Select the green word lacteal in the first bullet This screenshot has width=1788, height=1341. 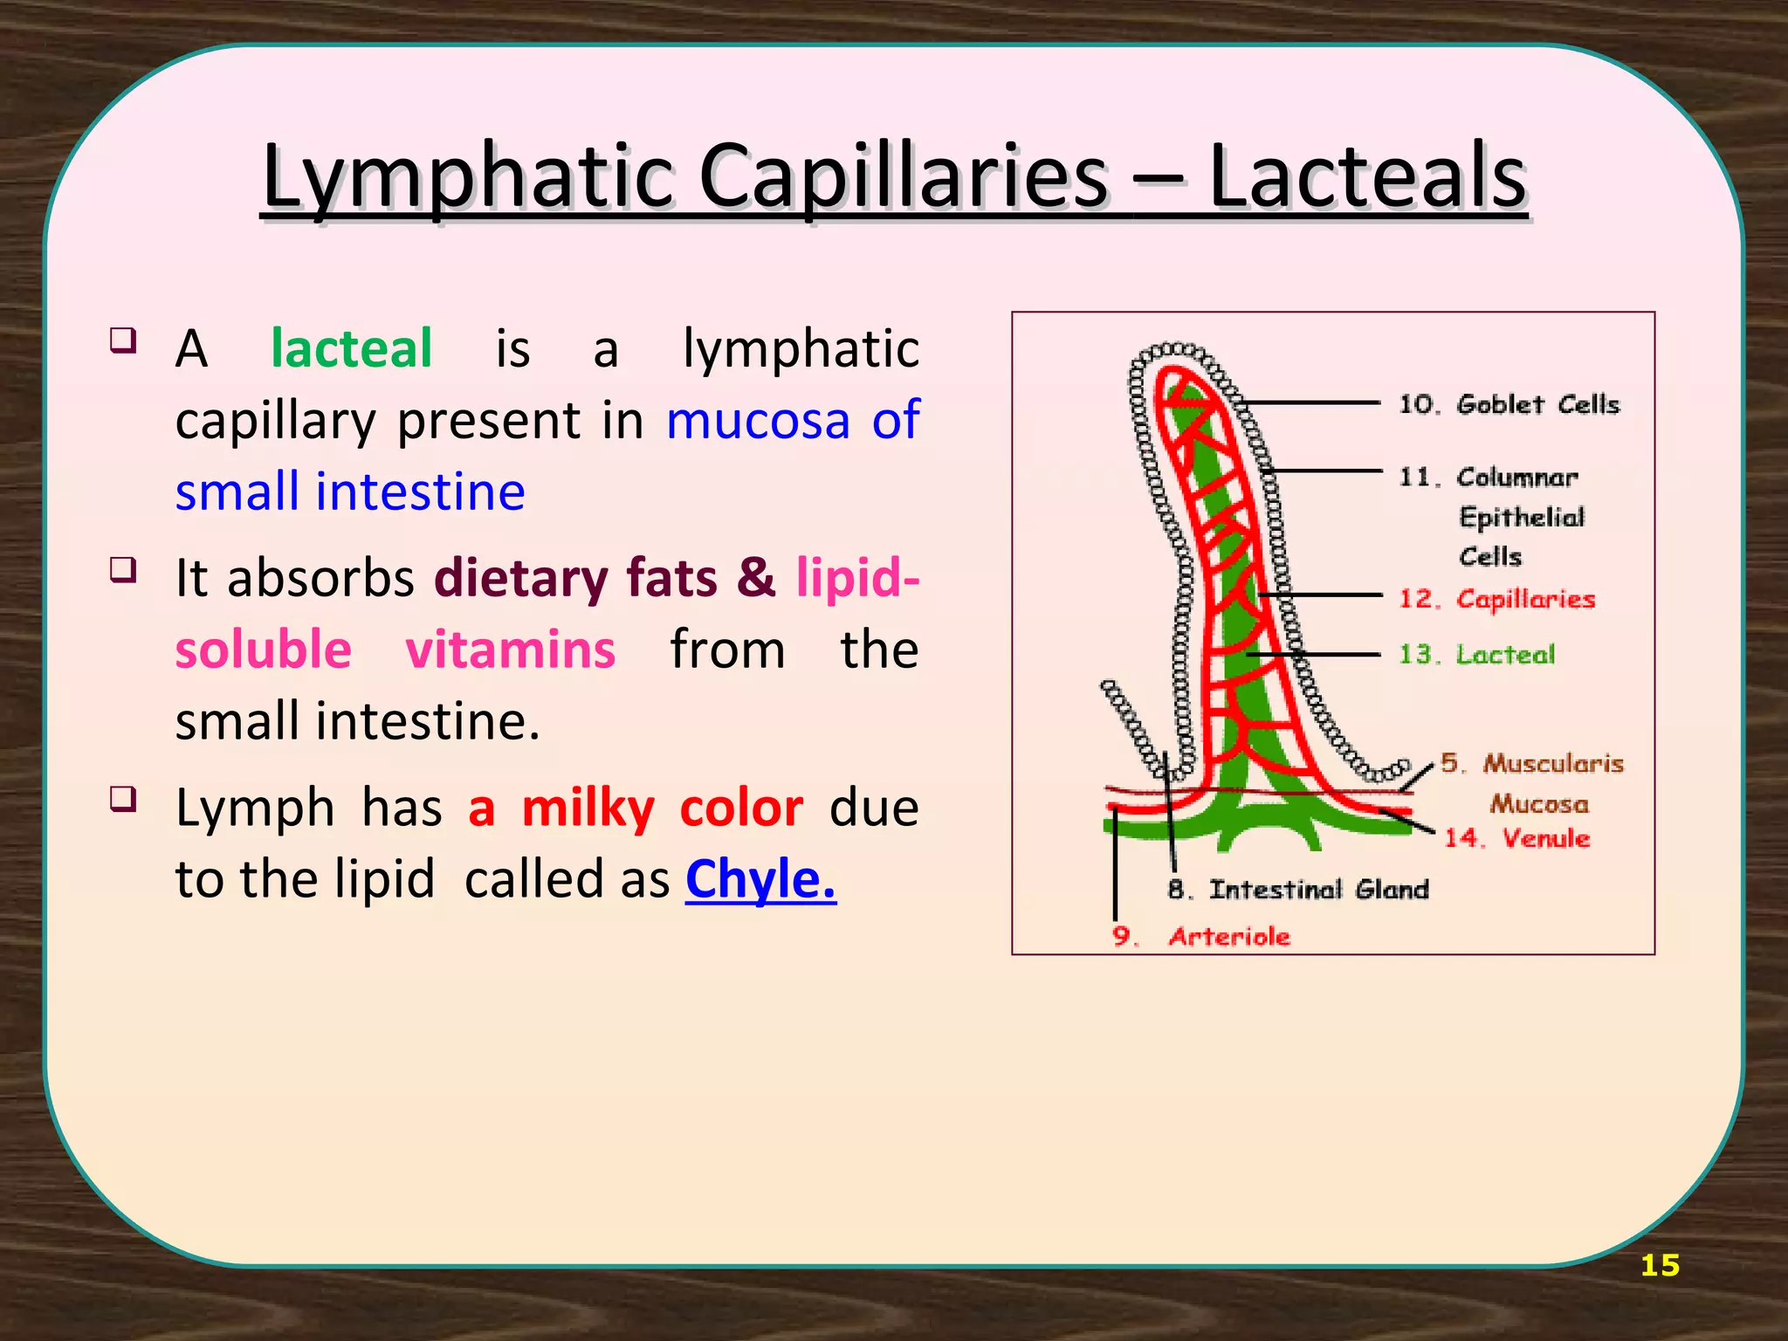[x=351, y=348]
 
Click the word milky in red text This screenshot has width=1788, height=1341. [x=588, y=808]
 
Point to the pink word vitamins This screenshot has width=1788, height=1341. [x=511, y=650]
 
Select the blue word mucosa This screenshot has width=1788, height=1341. [x=758, y=420]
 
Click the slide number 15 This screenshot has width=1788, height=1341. [x=1659, y=1265]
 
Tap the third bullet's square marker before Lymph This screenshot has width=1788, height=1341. [x=123, y=798]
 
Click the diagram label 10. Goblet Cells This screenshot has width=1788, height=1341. [x=1509, y=404]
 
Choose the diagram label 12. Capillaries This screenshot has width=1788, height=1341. [x=1496, y=599]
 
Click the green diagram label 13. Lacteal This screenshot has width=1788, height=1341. [x=1476, y=654]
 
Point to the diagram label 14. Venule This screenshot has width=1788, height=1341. [x=1516, y=838]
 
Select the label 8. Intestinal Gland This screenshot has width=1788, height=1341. [x=1298, y=890]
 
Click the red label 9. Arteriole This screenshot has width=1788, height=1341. [x=1201, y=937]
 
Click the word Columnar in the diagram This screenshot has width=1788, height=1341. [x=1517, y=478]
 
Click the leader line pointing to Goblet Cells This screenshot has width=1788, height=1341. [x=1310, y=403]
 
